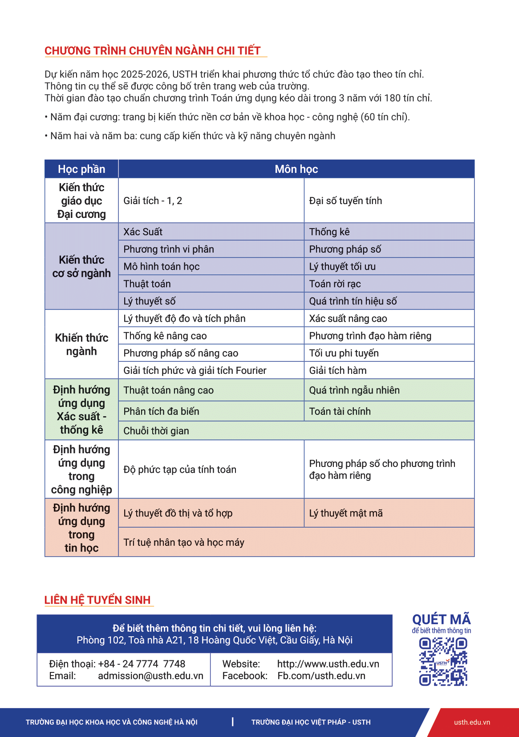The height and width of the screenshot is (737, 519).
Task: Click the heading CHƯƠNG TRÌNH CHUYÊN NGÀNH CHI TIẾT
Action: pos(152,51)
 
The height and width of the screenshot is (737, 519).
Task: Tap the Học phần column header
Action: pos(81,169)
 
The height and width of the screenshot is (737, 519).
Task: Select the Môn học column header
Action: pos(296,169)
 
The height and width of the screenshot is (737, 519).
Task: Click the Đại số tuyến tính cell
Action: pos(345,201)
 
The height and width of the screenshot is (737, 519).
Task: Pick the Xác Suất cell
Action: pos(143,232)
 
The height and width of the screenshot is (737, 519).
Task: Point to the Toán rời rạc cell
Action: pos(335,284)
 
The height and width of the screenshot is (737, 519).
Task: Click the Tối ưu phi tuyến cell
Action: pos(344,353)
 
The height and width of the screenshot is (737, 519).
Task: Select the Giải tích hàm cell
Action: pos(338,371)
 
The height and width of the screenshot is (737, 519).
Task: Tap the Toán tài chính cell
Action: pos(340,412)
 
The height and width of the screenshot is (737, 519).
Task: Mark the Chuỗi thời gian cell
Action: pos(156,431)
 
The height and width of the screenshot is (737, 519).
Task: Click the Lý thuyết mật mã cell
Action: pos(346,513)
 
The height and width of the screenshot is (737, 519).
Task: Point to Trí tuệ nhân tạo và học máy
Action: pos(184,543)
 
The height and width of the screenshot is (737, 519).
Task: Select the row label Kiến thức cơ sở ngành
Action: pos(81,266)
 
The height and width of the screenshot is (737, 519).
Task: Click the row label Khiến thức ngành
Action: pos(81,344)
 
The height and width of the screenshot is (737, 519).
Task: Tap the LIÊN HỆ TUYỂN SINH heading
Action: pos(97,600)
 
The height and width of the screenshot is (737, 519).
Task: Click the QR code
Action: pos(443,662)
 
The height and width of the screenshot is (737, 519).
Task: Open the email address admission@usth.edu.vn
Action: pos(150,676)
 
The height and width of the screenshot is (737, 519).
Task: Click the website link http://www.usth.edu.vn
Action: pos(328,664)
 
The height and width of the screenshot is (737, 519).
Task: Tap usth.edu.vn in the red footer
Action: pos(472,722)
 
